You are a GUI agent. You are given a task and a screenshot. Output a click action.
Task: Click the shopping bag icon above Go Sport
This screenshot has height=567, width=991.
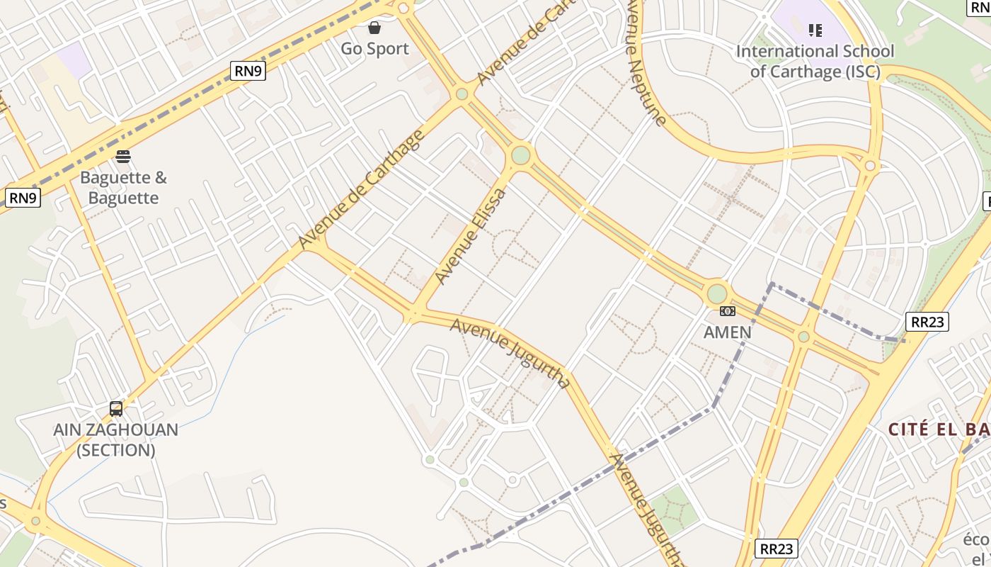pos(374,28)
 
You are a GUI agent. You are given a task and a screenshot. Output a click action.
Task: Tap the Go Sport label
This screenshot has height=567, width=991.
pos(374,49)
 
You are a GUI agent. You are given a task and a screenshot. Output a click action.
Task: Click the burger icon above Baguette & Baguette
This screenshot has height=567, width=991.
pos(123,156)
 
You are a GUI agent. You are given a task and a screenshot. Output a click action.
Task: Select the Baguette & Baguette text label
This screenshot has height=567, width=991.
pos(123,187)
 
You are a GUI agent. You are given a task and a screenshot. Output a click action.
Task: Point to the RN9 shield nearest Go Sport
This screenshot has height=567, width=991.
pos(248,70)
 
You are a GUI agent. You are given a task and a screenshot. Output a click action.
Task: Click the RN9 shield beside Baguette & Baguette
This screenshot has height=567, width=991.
pos(23,197)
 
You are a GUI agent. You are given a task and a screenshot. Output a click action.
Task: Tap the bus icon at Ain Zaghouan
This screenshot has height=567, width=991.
pos(116,408)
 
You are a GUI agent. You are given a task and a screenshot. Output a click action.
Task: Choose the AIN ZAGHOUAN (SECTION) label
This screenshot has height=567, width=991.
pos(116,439)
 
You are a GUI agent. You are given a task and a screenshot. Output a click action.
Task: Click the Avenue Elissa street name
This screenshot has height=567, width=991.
pos(471,235)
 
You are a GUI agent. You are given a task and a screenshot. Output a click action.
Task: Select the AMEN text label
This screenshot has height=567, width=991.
pos(727,332)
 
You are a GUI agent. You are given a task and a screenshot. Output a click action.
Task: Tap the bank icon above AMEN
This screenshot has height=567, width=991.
pos(728,311)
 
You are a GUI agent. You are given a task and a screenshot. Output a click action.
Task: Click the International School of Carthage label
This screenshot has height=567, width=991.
pos(815,61)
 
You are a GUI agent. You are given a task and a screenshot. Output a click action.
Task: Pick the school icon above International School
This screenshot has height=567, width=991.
pos(815,30)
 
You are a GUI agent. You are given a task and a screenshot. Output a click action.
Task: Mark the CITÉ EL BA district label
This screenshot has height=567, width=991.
pos(939,429)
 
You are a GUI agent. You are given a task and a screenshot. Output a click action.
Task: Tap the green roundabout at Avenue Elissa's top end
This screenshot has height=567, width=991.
pos(521,155)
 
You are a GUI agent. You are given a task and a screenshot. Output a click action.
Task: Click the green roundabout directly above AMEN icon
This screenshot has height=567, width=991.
pos(716,293)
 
